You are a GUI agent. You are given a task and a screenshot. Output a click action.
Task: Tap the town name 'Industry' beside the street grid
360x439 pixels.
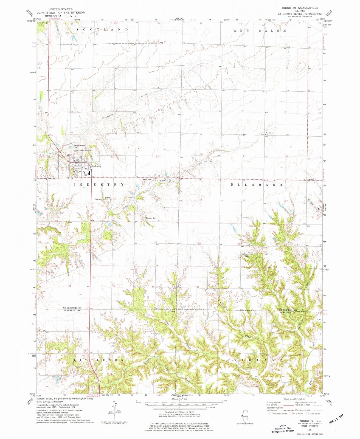click(97, 166)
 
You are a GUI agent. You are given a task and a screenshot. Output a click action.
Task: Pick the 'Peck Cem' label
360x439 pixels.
click(98, 199)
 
